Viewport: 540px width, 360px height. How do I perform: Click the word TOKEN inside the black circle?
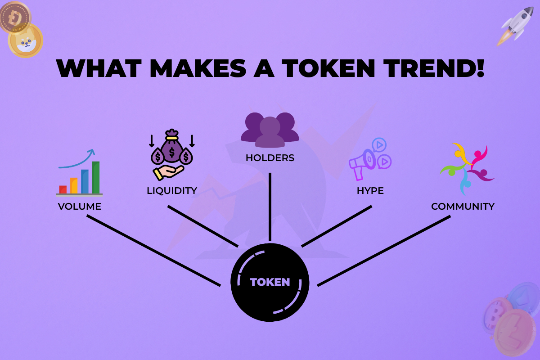click(x=270, y=282)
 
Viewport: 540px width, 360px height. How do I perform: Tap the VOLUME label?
click(x=80, y=207)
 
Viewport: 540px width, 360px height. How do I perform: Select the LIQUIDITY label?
click(x=172, y=190)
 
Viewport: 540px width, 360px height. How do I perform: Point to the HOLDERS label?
click(x=270, y=158)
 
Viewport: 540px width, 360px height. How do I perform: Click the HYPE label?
click(x=370, y=190)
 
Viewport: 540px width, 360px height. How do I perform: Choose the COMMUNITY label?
click(x=463, y=207)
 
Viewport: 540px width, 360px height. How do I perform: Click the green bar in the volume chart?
click(x=96, y=177)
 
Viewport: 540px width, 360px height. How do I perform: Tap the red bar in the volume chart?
click(x=63, y=189)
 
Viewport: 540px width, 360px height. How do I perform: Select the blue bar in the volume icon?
click(x=85, y=181)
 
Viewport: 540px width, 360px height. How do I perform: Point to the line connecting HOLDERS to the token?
click(x=270, y=207)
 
